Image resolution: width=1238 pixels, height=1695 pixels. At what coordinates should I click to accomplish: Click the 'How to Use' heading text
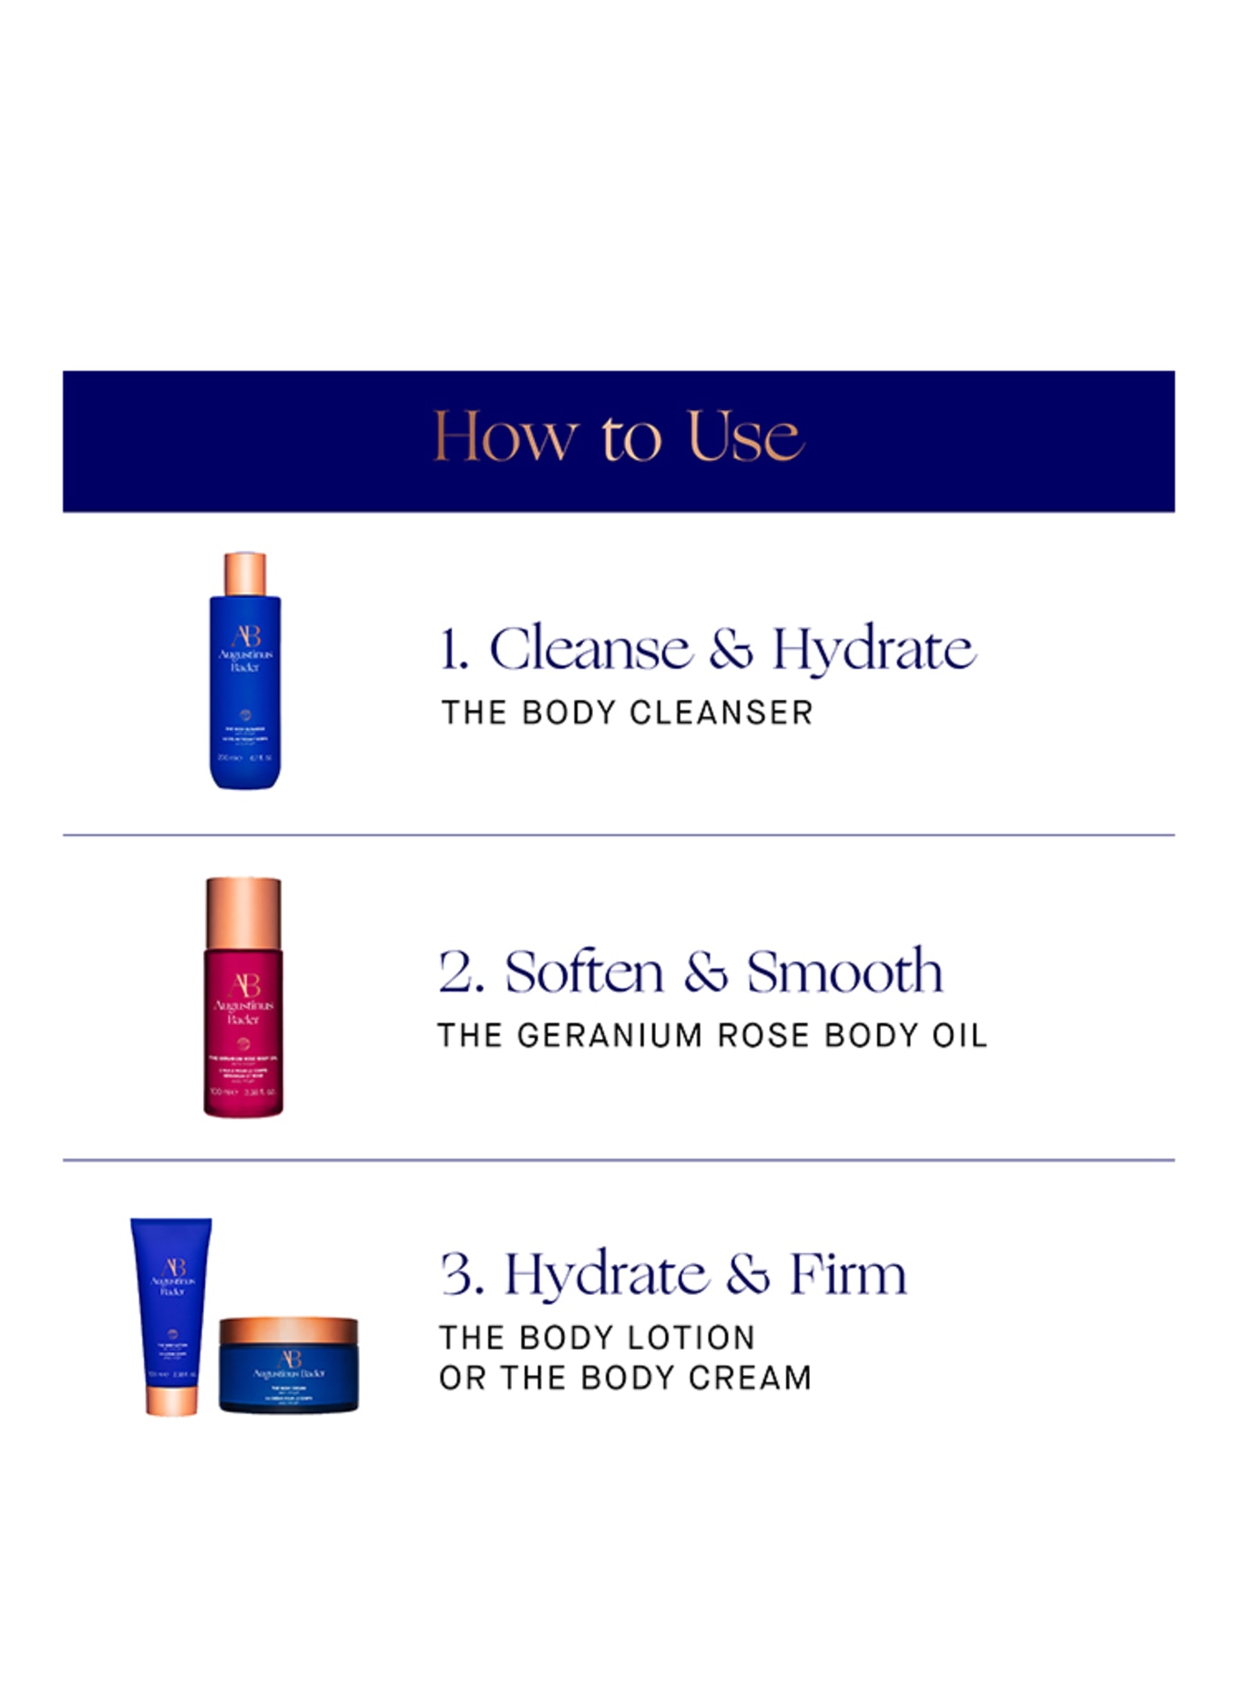tap(619, 437)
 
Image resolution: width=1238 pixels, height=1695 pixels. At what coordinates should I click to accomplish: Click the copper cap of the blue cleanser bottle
tap(245, 573)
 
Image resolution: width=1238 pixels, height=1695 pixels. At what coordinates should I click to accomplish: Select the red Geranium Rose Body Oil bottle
tap(243, 1030)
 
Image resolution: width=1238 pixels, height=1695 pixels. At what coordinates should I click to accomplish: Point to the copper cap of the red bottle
tap(243, 912)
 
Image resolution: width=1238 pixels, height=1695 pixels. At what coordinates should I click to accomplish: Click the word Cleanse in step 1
tap(590, 650)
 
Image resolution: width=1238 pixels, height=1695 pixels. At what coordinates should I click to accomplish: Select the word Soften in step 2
tap(584, 971)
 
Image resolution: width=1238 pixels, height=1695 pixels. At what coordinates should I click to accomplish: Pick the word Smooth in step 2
tap(844, 971)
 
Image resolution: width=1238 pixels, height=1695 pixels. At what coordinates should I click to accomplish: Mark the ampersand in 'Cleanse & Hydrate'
tap(732, 650)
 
